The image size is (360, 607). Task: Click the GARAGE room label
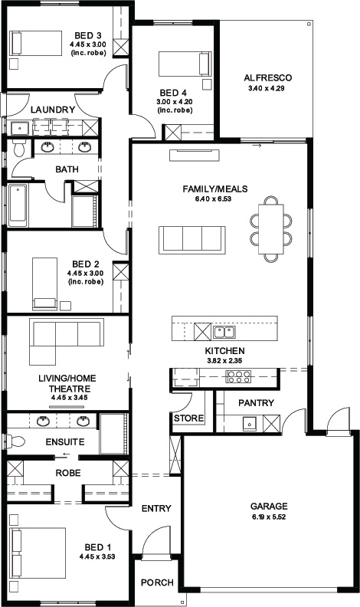(x=269, y=507)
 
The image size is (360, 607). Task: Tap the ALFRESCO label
(x=267, y=78)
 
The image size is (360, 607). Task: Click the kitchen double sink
(x=224, y=332)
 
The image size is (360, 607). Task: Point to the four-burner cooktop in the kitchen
(x=238, y=376)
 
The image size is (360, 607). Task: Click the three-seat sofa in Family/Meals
(x=192, y=240)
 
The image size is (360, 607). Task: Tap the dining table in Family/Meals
(x=270, y=229)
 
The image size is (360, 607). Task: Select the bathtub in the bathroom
(x=18, y=205)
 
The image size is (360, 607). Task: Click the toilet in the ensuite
(x=15, y=441)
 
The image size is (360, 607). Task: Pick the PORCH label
(x=157, y=582)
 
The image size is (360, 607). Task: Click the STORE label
(x=188, y=418)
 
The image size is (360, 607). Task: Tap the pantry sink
(x=250, y=424)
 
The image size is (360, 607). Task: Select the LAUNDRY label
(x=53, y=110)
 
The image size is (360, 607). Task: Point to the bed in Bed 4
(x=185, y=64)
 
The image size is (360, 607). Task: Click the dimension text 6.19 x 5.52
(x=269, y=517)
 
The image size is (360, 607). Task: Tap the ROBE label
(x=68, y=473)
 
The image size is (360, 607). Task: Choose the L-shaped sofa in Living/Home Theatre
(x=67, y=340)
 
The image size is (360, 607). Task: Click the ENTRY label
(x=156, y=508)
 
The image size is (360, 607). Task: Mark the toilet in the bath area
(x=18, y=148)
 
